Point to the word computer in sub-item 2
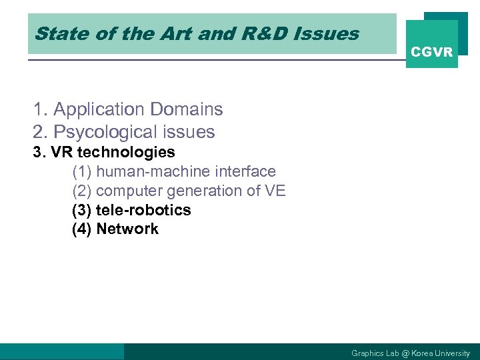click(x=131, y=191)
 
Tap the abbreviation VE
click(x=275, y=191)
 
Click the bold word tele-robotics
click(x=143, y=210)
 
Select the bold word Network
click(x=127, y=229)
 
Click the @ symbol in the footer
click(x=405, y=353)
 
